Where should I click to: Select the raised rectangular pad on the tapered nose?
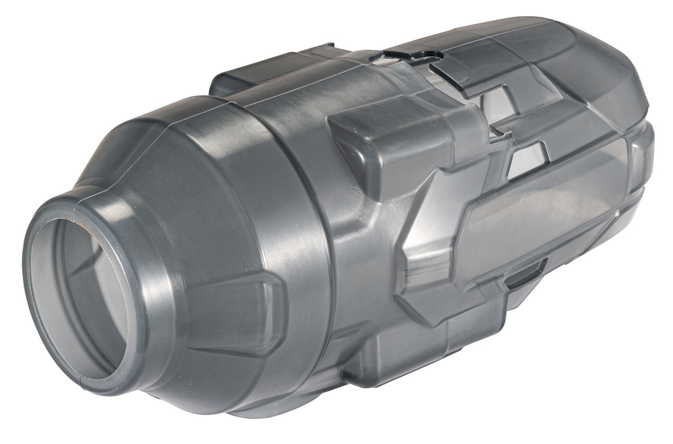click(x=229, y=317)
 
